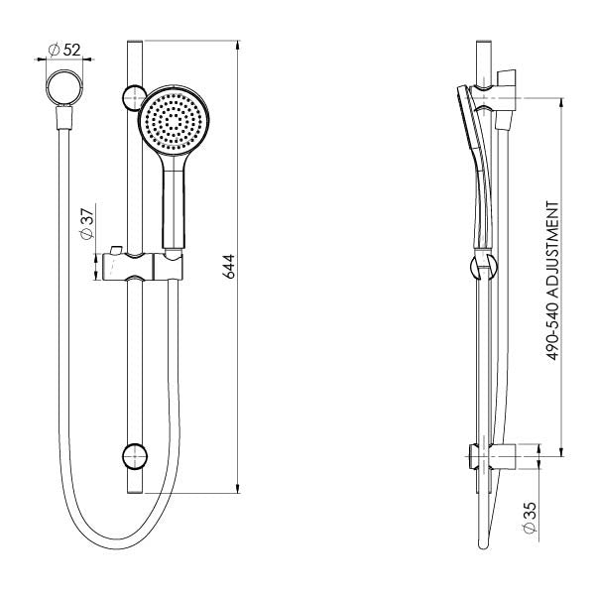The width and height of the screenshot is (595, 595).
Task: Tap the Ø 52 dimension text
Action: (65, 48)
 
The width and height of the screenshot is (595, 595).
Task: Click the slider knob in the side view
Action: (477, 266)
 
